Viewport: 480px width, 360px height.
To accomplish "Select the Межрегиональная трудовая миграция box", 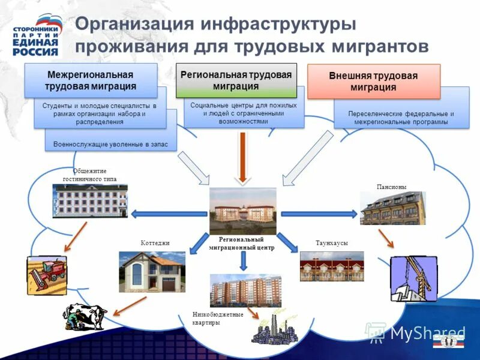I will (91, 80).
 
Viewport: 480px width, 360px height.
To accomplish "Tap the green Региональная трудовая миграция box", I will (236, 80).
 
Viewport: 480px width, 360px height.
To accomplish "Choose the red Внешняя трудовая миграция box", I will (373, 81).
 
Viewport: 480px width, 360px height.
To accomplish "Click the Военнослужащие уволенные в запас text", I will (115, 145).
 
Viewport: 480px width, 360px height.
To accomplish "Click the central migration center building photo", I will (242, 211).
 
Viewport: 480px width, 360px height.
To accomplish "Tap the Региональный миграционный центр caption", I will (242, 243).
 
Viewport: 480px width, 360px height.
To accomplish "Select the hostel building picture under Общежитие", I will (90, 200).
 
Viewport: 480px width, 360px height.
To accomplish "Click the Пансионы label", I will (391, 187).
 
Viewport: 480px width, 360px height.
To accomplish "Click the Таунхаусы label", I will (332, 242).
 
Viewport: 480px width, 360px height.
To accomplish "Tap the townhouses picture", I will (332, 266).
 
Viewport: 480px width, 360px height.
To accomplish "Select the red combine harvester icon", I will (46, 275).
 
